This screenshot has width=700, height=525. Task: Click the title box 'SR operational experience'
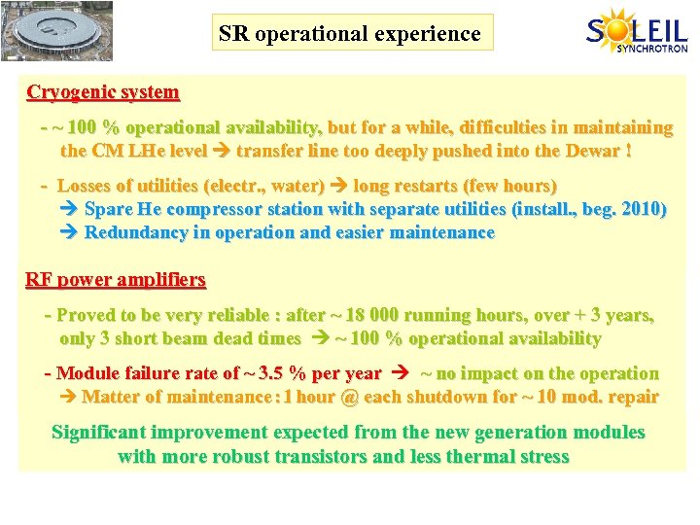pos(349,34)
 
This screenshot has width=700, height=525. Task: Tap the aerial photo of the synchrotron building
pos(57,31)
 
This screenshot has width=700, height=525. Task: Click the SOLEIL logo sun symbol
pos(619,28)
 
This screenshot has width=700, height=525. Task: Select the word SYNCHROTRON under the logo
pos(651,49)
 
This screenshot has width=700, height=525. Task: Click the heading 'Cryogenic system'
pos(103,93)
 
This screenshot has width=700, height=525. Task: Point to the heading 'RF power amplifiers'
pos(116,280)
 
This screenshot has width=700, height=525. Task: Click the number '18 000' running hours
pos(367,315)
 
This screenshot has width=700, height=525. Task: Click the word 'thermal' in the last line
pos(476,456)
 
